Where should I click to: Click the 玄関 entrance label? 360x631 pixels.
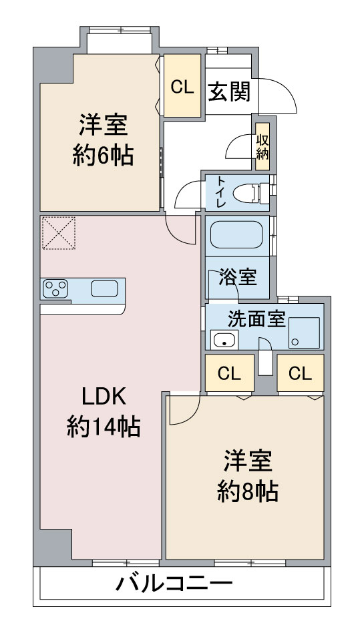click(229, 91)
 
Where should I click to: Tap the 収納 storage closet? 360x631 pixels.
click(262, 147)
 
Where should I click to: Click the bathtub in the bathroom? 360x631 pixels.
click(236, 235)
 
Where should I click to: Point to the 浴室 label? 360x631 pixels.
click(238, 277)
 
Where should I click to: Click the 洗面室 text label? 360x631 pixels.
click(257, 319)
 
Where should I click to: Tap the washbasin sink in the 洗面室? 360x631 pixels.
click(224, 340)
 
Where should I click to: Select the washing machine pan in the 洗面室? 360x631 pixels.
click(304, 333)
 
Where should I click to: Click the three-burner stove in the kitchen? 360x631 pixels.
click(55, 288)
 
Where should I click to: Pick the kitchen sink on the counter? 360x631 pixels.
click(104, 288)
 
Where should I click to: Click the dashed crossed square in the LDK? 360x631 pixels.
click(59, 232)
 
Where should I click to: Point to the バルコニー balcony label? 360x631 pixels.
click(174, 583)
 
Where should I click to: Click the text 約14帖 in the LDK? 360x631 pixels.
click(103, 427)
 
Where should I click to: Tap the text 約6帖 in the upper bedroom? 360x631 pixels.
click(103, 156)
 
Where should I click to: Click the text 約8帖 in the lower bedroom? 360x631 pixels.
click(248, 491)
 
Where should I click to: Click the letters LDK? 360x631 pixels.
click(104, 397)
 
